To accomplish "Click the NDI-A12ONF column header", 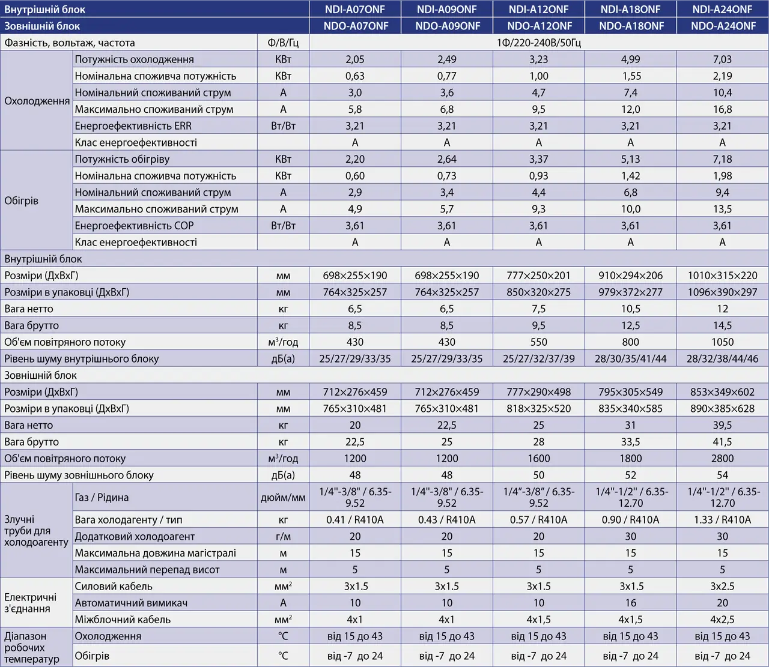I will [x=538, y=9].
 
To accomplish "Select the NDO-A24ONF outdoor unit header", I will [x=723, y=26].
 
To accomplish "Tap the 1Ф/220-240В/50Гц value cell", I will [x=538, y=43].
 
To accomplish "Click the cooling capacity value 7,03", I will [x=722, y=59].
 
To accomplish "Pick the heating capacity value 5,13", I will [x=630, y=159].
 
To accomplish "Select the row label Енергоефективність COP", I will [x=134, y=226].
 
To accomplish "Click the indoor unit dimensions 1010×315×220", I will [x=722, y=276].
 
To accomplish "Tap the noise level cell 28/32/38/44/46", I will [x=722, y=358].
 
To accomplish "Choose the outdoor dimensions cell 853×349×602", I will [x=722, y=392].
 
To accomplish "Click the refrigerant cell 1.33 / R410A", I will [x=722, y=520].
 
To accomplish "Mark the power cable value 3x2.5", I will [x=722, y=586].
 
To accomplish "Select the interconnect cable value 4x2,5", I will [x=722, y=620].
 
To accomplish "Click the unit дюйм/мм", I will [x=283, y=497].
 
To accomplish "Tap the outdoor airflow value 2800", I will [x=722, y=458].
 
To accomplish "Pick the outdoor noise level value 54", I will [x=722, y=475].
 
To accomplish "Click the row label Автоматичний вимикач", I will [x=131, y=603].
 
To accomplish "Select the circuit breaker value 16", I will [x=630, y=603].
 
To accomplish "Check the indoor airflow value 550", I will [x=538, y=342].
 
